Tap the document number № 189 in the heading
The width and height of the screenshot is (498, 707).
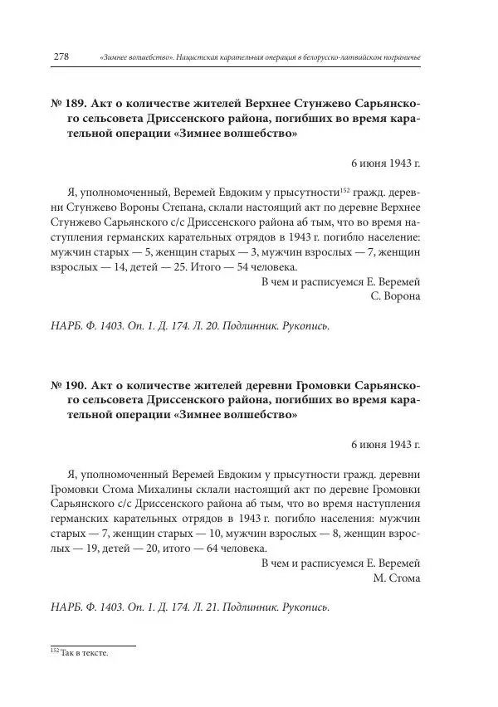(66, 105)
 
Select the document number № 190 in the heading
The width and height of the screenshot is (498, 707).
(66, 386)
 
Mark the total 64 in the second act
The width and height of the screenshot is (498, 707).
(201, 549)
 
